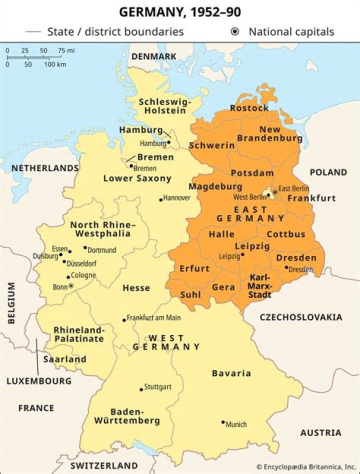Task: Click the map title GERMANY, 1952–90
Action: [179, 11]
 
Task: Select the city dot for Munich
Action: [223, 422]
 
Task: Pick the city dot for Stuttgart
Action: [141, 389]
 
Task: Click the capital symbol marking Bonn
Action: [70, 286]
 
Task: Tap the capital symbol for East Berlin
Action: [274, 192]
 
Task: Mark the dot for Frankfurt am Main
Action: [124, 320]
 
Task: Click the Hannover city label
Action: [177, 198]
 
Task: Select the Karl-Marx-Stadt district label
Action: [259, 286]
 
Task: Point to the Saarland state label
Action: [64, 359]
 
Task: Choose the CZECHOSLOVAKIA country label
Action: [301, 317]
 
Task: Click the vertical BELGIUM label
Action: [11, 303]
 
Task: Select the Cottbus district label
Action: [286, 234]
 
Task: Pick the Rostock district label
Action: [249, 108]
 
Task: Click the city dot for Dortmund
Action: [85, 247]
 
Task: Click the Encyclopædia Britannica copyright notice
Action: [306, 466]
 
